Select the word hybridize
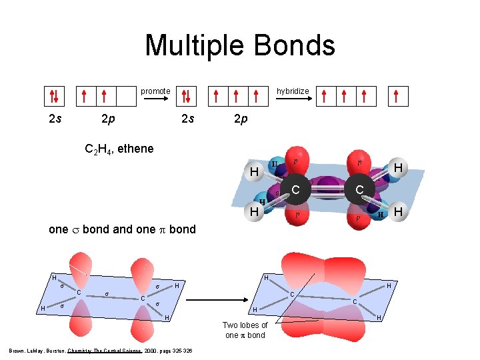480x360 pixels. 293,91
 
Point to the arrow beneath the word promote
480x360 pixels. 157,99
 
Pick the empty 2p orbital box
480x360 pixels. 126,97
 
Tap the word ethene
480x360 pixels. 135,148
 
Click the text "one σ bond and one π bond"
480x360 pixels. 123,229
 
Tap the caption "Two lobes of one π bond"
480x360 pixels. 246,330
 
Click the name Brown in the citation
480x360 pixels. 16,350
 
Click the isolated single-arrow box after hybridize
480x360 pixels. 397,97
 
